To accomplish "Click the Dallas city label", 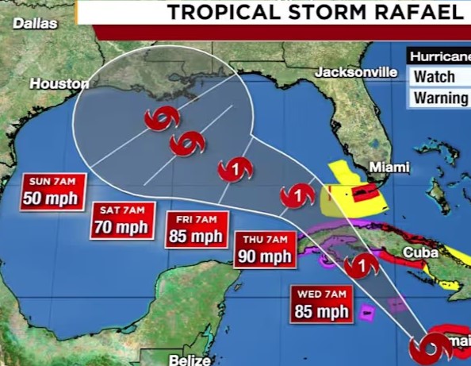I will click(x=36, y=24).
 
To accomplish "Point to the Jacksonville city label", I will click(x=356, y=72).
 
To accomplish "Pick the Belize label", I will click(x=190, y=360).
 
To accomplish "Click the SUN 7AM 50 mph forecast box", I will click(x=52, y=190).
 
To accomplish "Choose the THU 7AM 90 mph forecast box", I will click(x=265, y=248).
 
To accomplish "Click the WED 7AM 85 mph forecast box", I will click(x=323, y=302).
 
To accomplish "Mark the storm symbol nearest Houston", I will click(x=162, y=120).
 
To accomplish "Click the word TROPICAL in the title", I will click(x=228, y=12).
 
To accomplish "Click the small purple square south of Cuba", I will click(x=366, y=313).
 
